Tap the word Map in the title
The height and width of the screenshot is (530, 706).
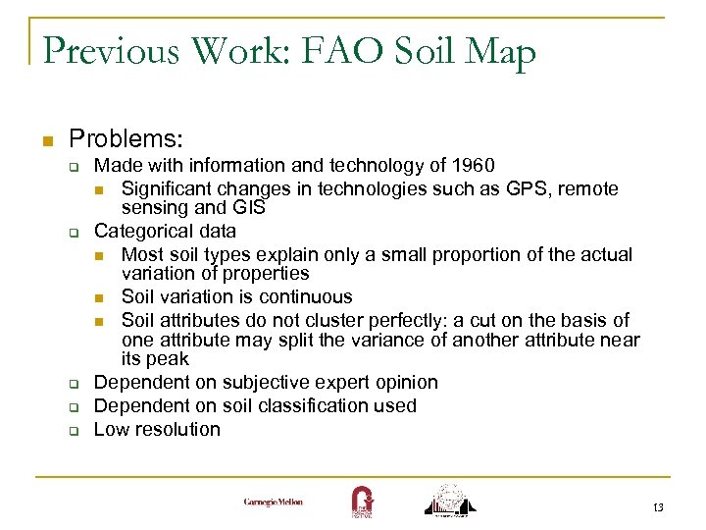coord(499,51)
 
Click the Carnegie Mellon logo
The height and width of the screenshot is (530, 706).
coord(274,502)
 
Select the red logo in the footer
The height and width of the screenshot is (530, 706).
coord(361,500)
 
